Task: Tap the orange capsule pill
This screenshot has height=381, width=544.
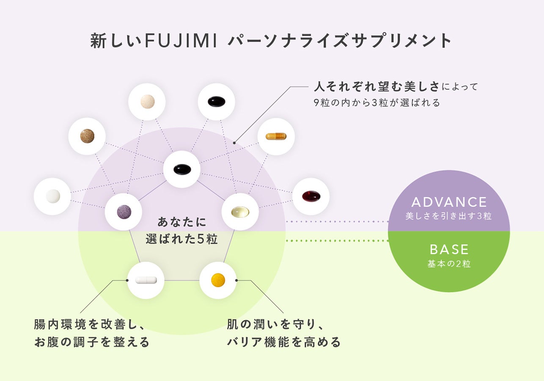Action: [276, 136]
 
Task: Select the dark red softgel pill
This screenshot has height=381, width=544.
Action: [311, 196]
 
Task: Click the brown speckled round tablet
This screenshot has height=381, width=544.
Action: [87, 136]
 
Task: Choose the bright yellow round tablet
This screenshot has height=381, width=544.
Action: [218, 280]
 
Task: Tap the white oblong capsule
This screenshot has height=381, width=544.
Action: [146, 280]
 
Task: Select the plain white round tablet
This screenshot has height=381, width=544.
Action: [52, 196]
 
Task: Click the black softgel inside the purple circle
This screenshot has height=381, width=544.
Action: [182, 169]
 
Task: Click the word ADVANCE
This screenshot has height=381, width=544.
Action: [449, 202]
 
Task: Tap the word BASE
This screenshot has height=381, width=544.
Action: [449, 249]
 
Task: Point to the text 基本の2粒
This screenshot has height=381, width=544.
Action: [449, 264]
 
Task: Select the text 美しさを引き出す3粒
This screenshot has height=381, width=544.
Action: [449, 216]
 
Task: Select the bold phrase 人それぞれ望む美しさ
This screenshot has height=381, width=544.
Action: [376, 87]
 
